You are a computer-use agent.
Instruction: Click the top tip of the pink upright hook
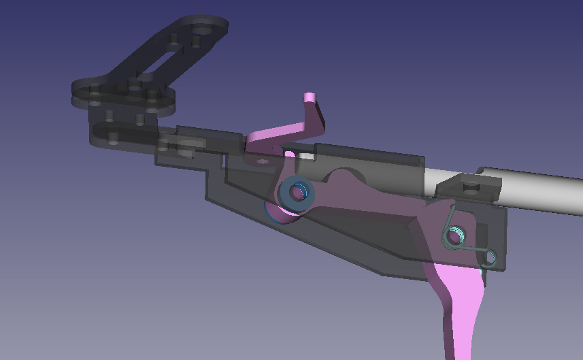tap(311, 97)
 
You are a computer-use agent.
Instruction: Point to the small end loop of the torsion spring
tap(488, 258)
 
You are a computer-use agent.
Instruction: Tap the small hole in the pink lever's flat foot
tap(261, 161)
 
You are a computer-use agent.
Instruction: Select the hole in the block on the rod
tap(469, 184)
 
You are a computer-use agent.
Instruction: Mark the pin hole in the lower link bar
tap(114, 137)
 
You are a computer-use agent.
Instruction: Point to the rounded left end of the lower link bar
tap(96, 134)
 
